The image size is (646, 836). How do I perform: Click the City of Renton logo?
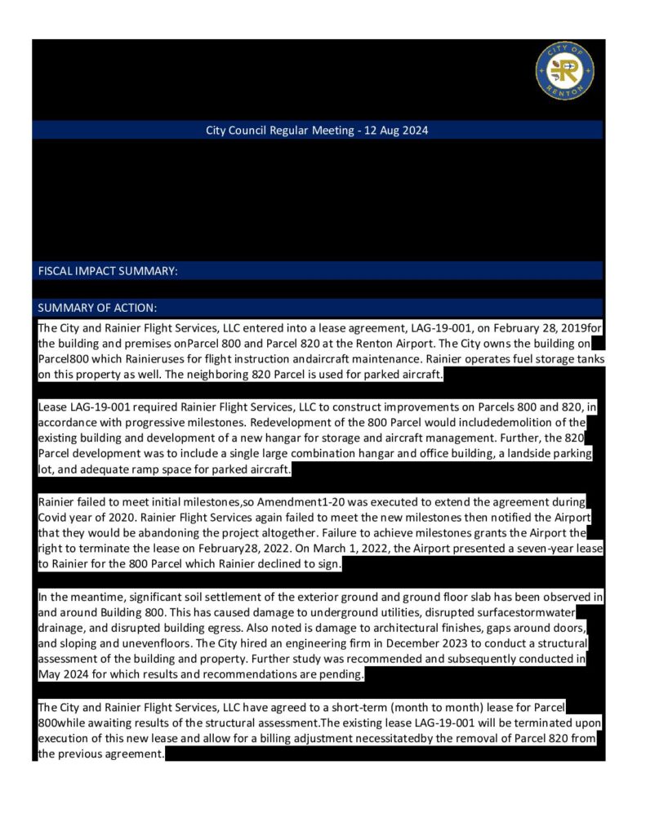[564, 71]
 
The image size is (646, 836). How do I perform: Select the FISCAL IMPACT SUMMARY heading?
[108, 271]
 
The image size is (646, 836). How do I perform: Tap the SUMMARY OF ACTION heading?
[97, 308]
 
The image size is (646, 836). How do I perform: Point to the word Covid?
[54, 518]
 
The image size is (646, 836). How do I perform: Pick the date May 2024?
[67, 674]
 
